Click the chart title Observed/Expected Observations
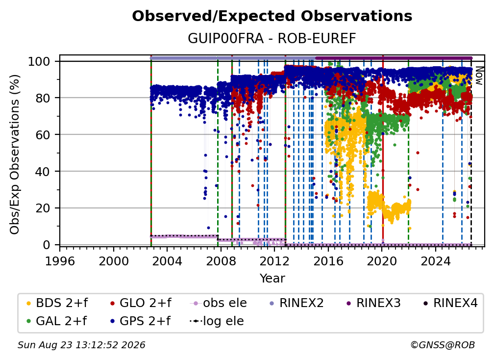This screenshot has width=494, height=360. (x=272, y=16)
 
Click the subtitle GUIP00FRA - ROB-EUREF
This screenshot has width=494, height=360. (x=272, y=38)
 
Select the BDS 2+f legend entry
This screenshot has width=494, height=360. (x=57, y=303)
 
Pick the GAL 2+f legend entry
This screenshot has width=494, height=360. (x=57, y=321)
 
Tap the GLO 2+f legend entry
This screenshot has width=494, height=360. (x=141, y=303)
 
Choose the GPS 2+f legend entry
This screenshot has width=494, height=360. (x=141, y=321)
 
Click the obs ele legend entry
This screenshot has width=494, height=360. (x=219, y=303)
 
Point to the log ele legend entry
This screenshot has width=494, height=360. (x=217, y=321)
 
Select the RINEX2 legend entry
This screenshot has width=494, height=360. (x=297, y=303)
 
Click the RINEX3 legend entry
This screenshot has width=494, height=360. (x=373, y=303)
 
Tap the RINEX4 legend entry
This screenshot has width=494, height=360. (x=450, y=303)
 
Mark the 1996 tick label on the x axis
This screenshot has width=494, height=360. (x=60, y=261)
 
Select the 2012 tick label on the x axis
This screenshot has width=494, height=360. (x=274, y=261)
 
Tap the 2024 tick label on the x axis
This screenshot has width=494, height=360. (x=435, y=261)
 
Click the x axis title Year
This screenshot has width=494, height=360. (x=272, y=279)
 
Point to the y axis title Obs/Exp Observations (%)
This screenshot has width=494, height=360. (x=15, y=154)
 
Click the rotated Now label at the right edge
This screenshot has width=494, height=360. (x=478, y=76)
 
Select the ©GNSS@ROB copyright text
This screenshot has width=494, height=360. (x=443, y=345)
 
